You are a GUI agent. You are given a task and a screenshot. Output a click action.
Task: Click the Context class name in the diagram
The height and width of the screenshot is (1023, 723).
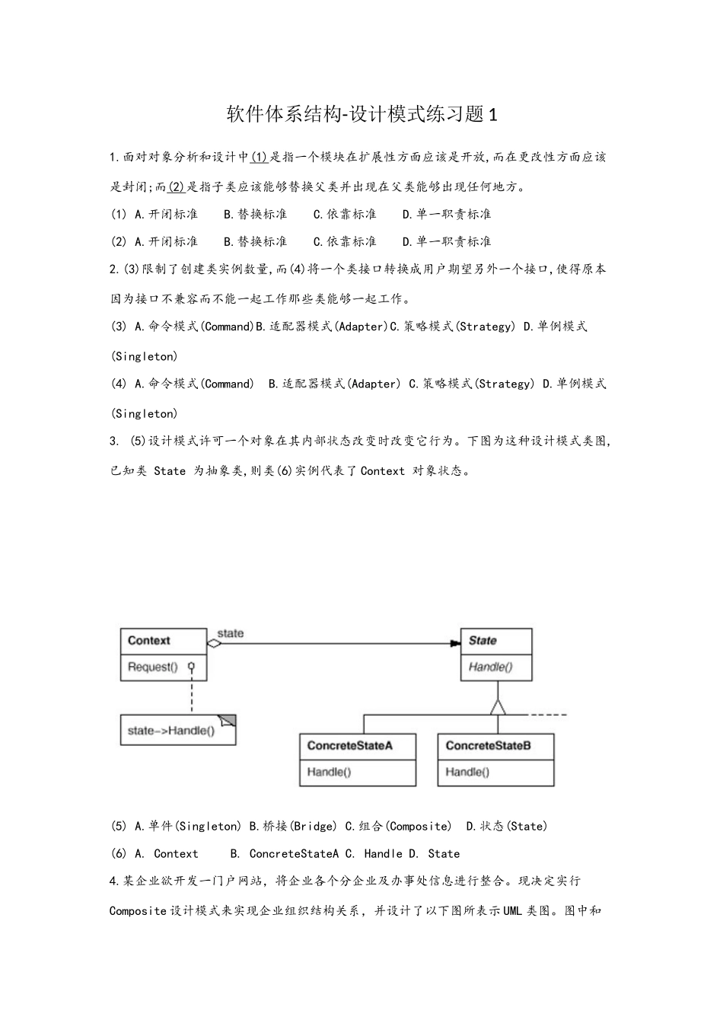pos(148,641)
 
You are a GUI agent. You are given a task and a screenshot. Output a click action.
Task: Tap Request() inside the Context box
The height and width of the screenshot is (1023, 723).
pos(152,668)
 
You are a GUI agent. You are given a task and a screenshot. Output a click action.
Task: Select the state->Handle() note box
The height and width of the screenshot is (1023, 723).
pos(177,731)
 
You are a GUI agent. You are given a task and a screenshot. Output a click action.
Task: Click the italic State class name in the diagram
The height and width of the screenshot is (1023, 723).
pos(483,641)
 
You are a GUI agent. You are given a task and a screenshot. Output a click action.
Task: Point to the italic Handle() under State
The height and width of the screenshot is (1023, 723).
pos(490,668)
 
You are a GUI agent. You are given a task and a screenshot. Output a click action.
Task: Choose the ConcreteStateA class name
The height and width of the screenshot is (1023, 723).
pos(349,746)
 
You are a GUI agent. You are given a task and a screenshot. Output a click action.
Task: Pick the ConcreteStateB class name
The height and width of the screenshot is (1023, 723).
pos(488,746)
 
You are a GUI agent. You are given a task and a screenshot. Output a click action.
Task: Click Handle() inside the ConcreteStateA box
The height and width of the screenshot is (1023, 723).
pos(329,772)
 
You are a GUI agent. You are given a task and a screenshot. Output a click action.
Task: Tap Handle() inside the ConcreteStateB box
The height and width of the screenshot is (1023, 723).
pos(467,772)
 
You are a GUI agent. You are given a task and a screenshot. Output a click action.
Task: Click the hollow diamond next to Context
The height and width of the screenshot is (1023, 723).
pos(214,644)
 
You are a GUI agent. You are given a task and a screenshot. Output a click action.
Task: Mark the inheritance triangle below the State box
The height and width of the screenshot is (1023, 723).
pos(498,706)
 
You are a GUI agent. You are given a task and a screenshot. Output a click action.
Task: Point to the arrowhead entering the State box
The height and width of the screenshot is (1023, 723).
pos(455,644)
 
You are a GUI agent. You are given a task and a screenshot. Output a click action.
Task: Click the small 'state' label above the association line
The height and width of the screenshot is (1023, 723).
pos(231,633)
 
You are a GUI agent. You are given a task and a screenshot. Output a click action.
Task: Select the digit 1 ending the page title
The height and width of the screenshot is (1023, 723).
pos(492,115)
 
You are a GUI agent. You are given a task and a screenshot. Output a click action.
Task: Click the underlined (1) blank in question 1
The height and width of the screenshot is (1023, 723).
pos(259,157)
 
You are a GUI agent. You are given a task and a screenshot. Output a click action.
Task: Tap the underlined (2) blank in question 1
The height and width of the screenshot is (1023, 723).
pos(176,186)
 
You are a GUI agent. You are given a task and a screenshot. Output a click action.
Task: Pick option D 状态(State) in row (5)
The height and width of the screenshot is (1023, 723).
pos(507,826)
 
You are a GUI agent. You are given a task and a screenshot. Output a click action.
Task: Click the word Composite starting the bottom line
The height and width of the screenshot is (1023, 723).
pos(138,910)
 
